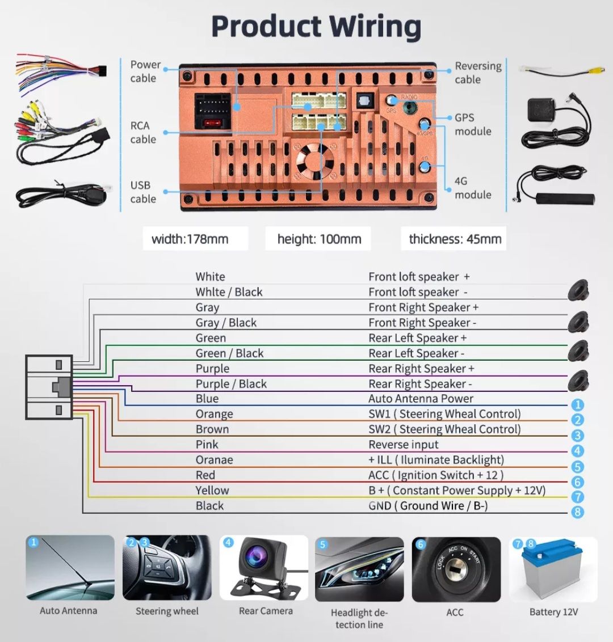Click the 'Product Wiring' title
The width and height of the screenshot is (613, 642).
click(316, 27)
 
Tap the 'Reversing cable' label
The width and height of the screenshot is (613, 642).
click(478, 73)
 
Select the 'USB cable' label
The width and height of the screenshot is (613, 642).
click(143, 192)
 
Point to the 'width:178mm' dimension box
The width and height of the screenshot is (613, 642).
click(190, 239)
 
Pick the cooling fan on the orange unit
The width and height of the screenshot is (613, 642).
click(314, 161)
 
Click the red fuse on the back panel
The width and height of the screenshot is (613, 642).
click(212, 123)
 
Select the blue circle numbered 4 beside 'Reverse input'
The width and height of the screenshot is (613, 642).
click(577, 451)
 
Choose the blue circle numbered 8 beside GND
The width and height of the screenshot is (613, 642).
click(577, 512)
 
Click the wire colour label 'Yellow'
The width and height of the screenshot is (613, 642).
click(212, 490)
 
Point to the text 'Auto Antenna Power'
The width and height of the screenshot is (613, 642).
click(421, 398)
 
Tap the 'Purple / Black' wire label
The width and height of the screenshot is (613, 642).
click(231, 383)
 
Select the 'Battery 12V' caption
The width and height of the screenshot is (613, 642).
click(553, 612)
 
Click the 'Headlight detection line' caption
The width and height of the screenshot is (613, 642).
click(359, 618)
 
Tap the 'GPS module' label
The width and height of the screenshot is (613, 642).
click(473, 124)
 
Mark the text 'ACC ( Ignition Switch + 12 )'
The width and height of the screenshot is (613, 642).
click(436, 475)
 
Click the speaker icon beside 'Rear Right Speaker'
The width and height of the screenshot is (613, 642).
click(578, 381)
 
